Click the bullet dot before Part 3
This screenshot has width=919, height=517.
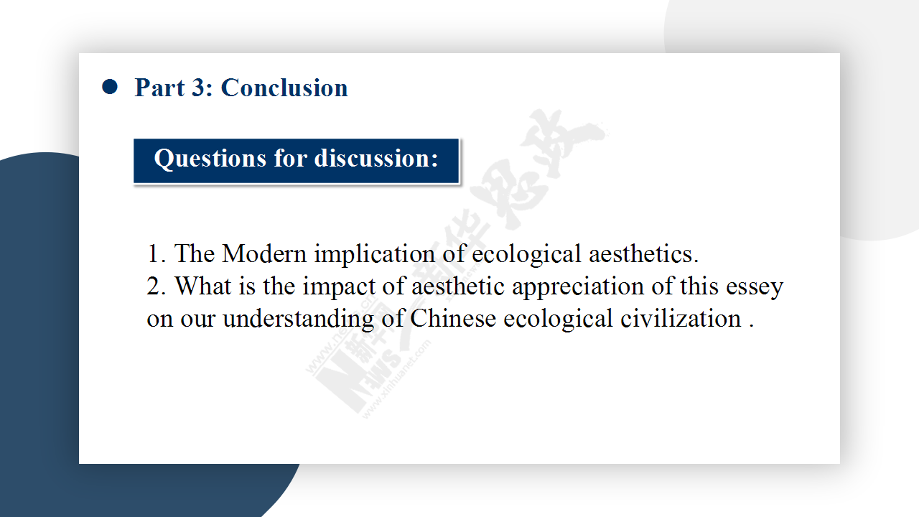pyautogui.click(x=110, y=87)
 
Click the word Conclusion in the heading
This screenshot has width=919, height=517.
pyautogui.click(x=284, y=88)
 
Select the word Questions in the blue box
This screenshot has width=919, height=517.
pyautogui.click(x=210, y=159)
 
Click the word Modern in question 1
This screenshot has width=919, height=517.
pyautogui.click(x=264, y=253)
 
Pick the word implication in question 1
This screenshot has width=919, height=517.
pyautogui.click(x=375, y=254)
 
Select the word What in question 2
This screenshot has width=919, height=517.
pyautogui.click(x=202, y=286)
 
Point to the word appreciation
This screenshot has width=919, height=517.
pyautogui.click(x=578, y=287)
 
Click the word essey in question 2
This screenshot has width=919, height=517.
pyautogui.click(x=755, y=288)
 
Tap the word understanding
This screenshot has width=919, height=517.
pyautogui.click(x=298, y=319)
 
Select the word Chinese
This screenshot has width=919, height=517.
pyautogui.click(x=453, y=318)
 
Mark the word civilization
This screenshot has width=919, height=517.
pyautogui.click(x=680, y=318)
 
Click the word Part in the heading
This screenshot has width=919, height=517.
pyautogui.click(x=159, y=88)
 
